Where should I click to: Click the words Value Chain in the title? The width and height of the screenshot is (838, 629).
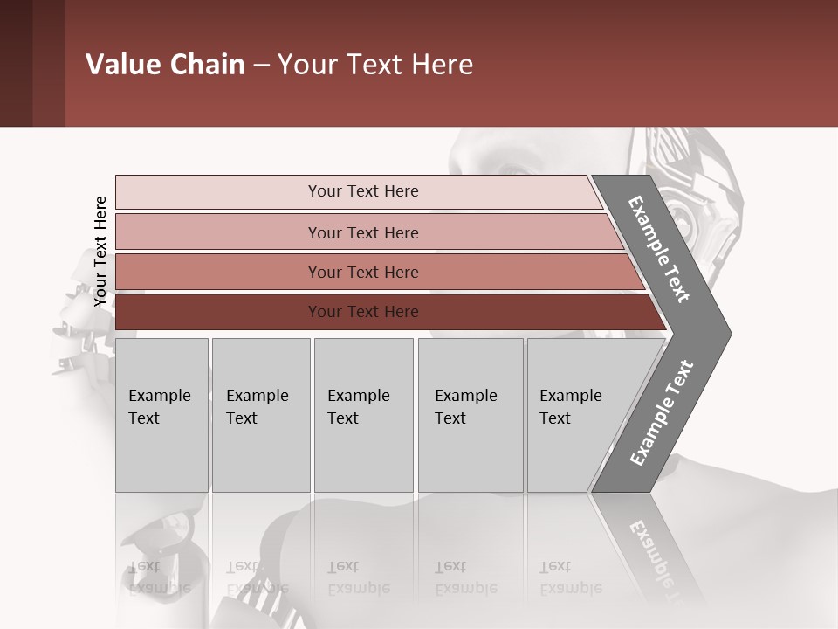tap(165, 65)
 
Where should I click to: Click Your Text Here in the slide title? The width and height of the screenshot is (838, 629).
tap(375, 65)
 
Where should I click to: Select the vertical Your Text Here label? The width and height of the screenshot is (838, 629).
tap(100, 252)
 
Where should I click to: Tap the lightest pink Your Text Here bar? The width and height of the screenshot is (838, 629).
tap(362, 191)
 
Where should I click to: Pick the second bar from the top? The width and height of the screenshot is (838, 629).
tap(362, 232)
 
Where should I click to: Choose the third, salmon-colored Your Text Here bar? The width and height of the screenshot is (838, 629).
tap(362, 272)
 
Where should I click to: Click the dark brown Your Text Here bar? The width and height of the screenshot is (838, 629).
tap(362, 312)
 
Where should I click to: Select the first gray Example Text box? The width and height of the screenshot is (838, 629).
tap(161, 415)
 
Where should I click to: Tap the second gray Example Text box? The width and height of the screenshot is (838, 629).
tap(260, 415)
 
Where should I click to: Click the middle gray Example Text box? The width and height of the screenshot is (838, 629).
tap(363, 415)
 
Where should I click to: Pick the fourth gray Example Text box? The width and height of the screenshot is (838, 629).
tap(470, 415)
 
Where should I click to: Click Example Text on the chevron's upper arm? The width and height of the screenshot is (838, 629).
tap(659, 249)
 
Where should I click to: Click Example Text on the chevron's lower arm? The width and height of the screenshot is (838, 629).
tap(662, 413)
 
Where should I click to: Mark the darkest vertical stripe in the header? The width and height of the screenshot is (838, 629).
tap(16, 63)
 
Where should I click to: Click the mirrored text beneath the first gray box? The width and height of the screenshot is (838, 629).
tap(159, 577)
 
